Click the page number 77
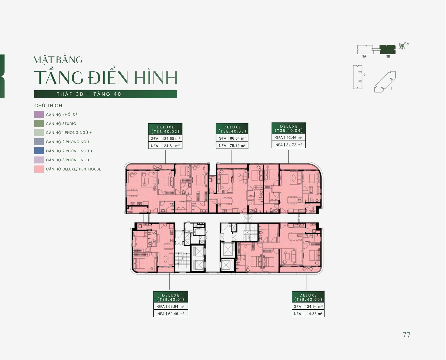[x=406, y=335]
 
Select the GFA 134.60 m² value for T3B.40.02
[x=165, y=139]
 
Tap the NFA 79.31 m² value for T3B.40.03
[x=232, y=145]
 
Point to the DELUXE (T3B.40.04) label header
[x=289, y=128]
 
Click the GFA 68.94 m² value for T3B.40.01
[x=171, y=306]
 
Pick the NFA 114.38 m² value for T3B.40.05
[x=308, y=314]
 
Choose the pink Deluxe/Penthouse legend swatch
[x=39, y=169]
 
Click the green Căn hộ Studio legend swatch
[x=39, y=124]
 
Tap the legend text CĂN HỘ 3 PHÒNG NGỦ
[x=67, y=160]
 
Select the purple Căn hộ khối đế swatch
[x=39, y=114]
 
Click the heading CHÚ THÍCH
[x=48, y=105]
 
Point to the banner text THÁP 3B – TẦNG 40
[x=89, y=94]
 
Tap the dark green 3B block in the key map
[x=388, y=50]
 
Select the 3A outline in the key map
[x=365, y=50]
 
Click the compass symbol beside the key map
[x=403, y=46]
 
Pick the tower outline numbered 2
[x=358, y=77]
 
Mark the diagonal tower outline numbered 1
[x=385, y=82]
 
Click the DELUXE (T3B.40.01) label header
[x=171, y=297]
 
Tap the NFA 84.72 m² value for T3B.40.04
[x=289, y=145]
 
